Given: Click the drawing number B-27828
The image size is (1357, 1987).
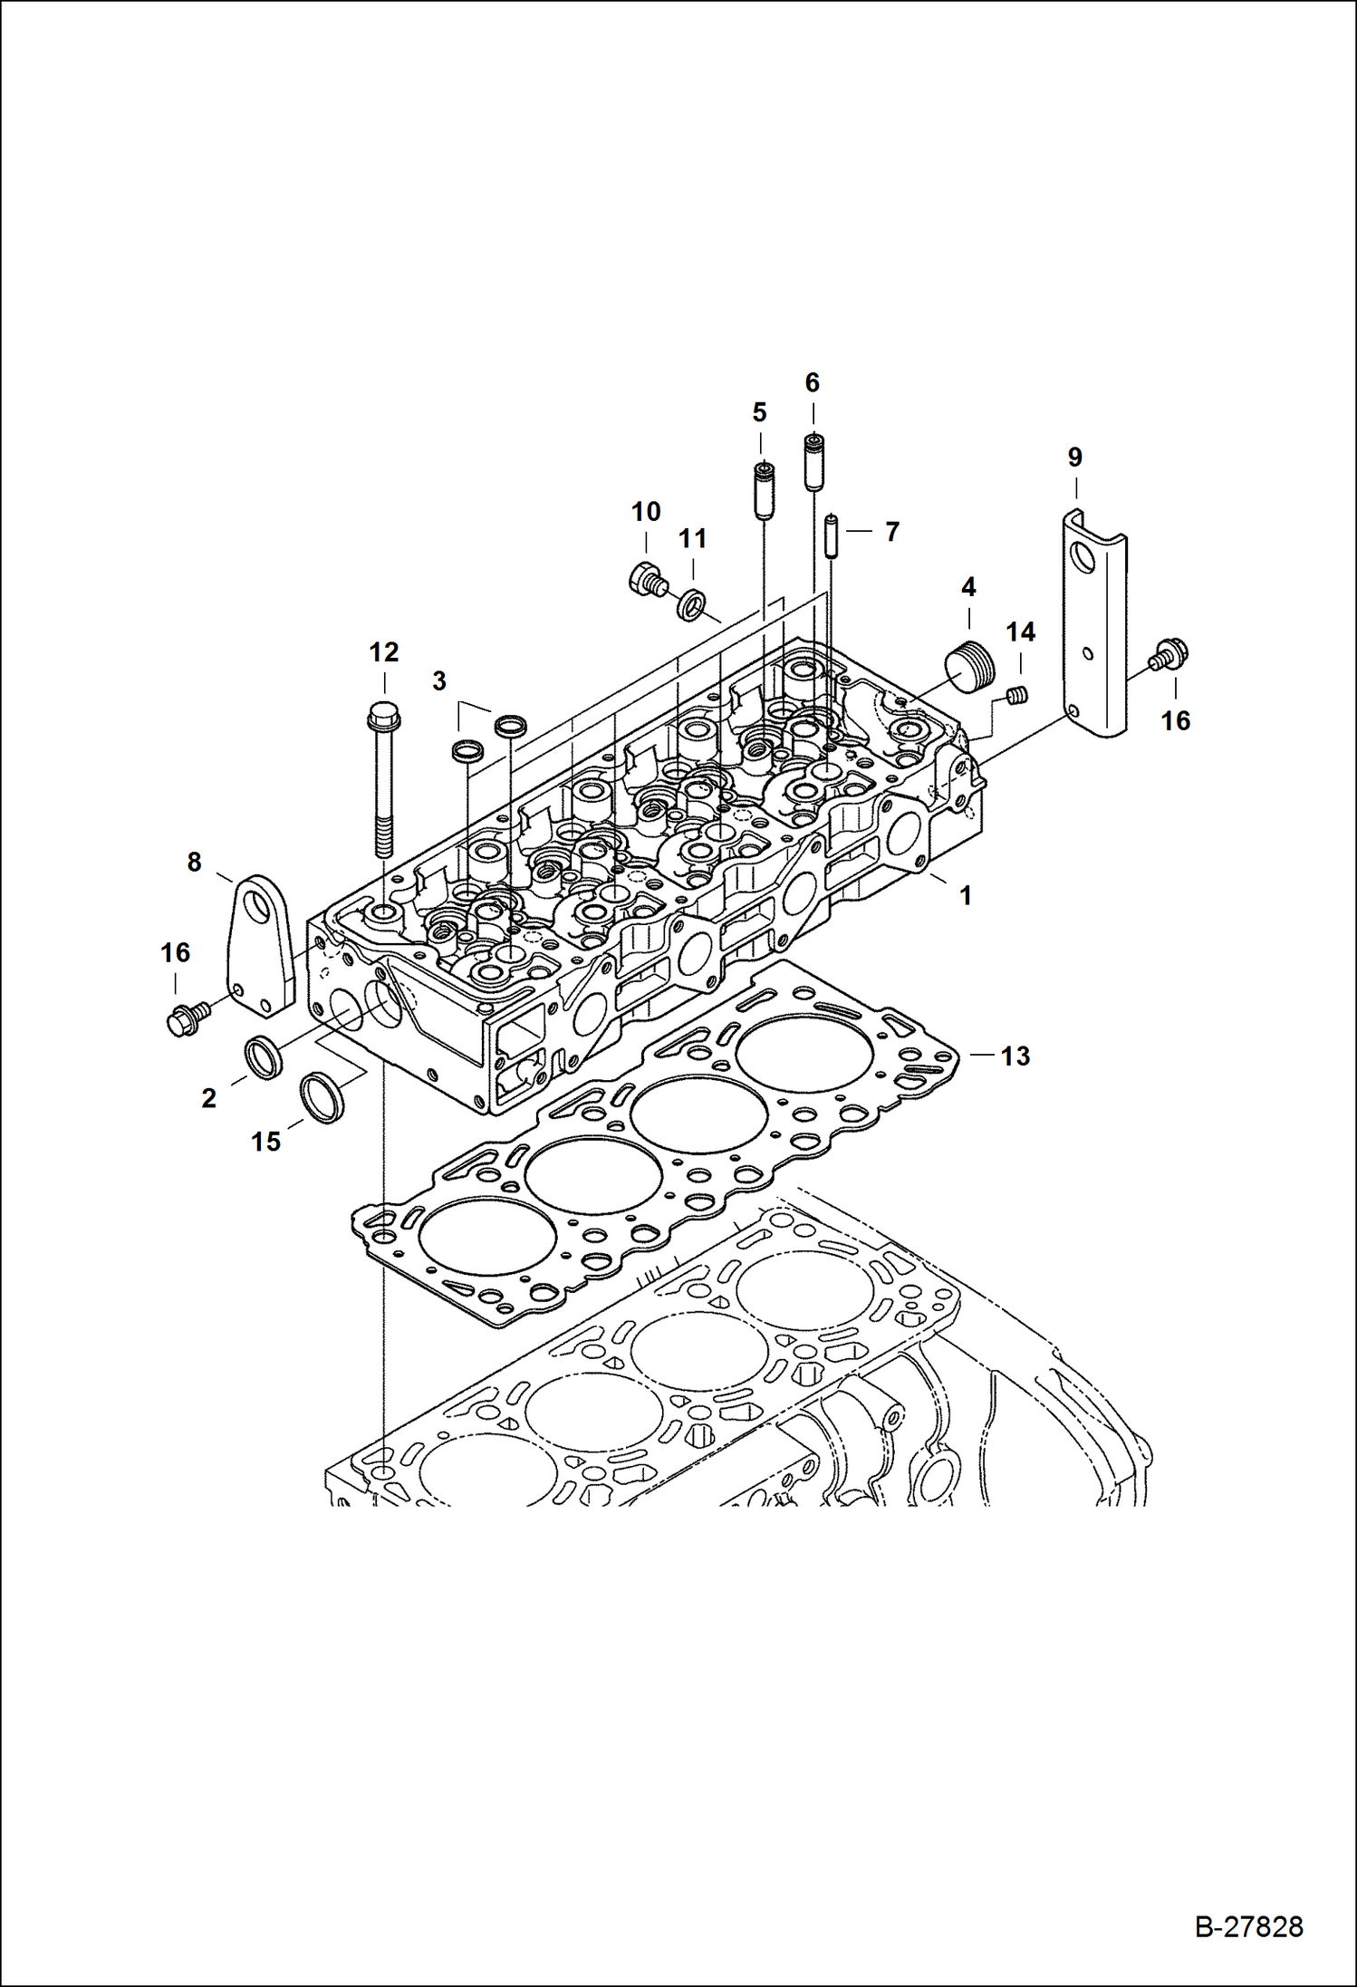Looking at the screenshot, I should click(1249, 1926).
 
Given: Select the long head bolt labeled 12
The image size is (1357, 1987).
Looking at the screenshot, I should click(382, 779).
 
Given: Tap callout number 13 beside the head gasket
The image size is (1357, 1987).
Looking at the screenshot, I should click(1015, 1056).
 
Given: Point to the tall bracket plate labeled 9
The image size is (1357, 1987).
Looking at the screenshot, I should click(1094, 625).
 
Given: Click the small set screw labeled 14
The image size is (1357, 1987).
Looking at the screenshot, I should click(1018, 696).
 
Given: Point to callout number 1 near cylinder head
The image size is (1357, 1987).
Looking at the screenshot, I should click(966, 895).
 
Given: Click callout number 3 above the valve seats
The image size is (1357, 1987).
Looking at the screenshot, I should click(439, 680).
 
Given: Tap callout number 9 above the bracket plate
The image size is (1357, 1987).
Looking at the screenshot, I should click(1074, 458).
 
